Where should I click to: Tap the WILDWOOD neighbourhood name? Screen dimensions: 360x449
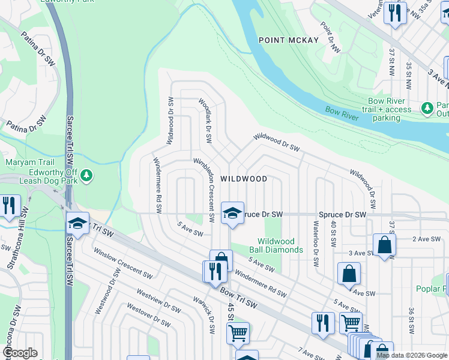243,179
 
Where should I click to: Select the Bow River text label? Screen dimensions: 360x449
342,112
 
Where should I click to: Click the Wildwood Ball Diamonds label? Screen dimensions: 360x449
276,245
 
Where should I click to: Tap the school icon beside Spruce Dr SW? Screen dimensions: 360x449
232,213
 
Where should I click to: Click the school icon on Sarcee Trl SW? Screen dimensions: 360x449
77,223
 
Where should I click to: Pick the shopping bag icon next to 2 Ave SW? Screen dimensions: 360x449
384,245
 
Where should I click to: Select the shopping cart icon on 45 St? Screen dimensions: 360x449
238,333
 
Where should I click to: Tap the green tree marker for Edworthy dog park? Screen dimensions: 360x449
88,175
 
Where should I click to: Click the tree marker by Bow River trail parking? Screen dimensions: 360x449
427,108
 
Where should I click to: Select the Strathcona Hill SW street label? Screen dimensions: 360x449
23,226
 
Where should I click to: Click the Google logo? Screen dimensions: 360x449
20,353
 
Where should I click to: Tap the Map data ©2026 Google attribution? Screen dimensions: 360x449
411,355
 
